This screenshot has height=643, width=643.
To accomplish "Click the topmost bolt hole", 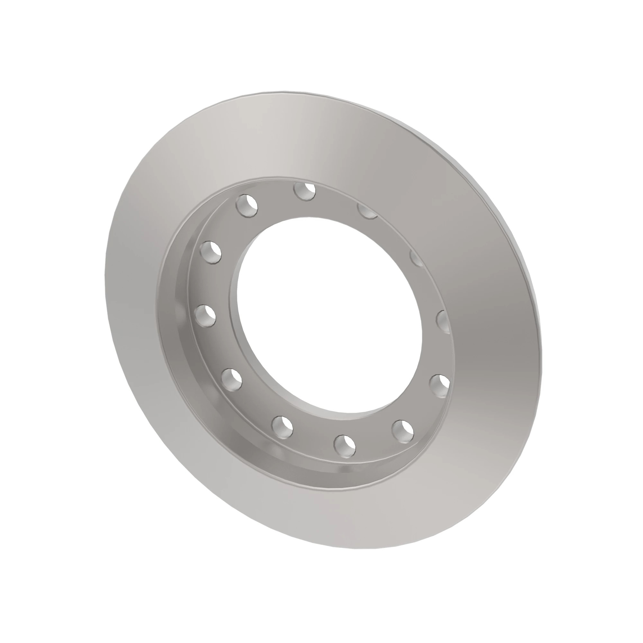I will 304,191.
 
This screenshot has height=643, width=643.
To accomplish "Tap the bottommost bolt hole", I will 345,445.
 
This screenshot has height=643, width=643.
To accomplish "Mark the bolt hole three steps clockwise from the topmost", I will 444,321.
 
